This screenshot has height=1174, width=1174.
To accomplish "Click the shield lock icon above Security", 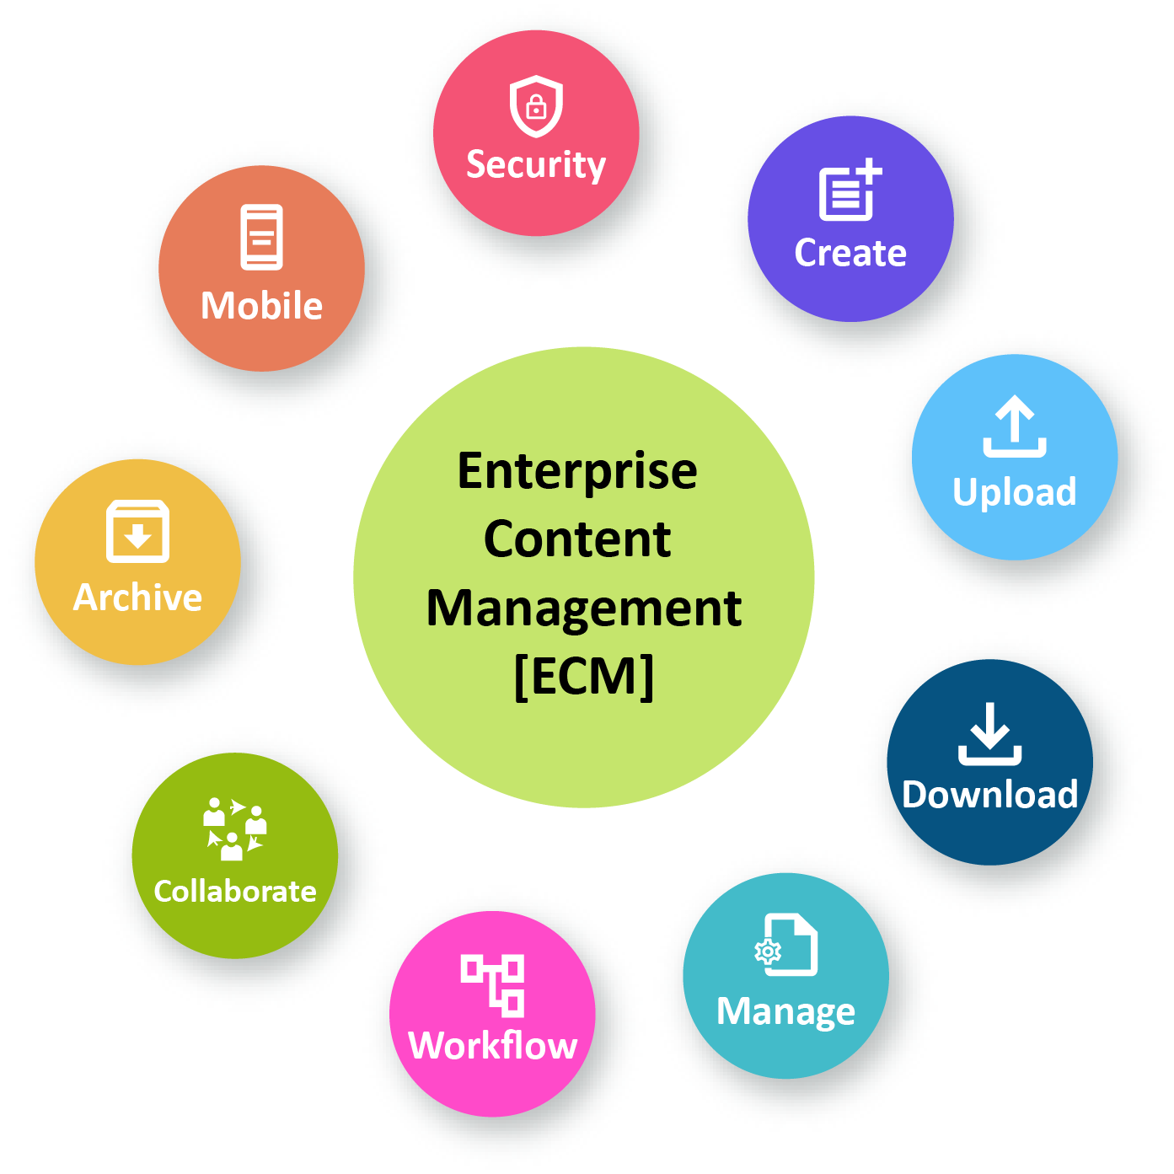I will [x=536, y=106].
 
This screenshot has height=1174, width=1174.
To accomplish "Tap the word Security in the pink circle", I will [x=536, y=165].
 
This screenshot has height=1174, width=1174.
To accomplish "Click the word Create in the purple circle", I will [x=850, y=253].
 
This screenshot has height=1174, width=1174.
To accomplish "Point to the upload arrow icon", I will [x=1015, y=426].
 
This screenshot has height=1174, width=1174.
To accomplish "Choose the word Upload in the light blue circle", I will [x=1015, y=492].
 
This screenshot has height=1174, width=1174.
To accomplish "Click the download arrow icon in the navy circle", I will [x=990, y=733].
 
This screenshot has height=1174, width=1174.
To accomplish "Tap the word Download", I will [x=990, y=795].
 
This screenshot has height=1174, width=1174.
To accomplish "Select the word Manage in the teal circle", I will [x=785, y=1011].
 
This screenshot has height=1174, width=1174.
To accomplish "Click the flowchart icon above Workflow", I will [x=493, y=984].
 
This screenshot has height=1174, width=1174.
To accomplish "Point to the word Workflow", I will [x=493, y=1046].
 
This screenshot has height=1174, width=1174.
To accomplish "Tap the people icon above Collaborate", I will [x=234, y=828].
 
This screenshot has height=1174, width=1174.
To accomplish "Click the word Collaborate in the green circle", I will [x=235, y=892].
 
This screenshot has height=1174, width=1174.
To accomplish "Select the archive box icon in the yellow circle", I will [x=137, y=532].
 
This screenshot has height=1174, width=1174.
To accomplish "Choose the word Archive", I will [x=138, y=598].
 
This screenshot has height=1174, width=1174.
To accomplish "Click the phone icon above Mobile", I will [x=262, y=237].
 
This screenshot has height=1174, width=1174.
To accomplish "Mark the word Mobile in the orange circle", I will [x=262, y=306].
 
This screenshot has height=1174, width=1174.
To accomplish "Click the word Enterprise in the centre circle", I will [x=577, y=471].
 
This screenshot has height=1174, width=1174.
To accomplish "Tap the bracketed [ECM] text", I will [x=584, y=676].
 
